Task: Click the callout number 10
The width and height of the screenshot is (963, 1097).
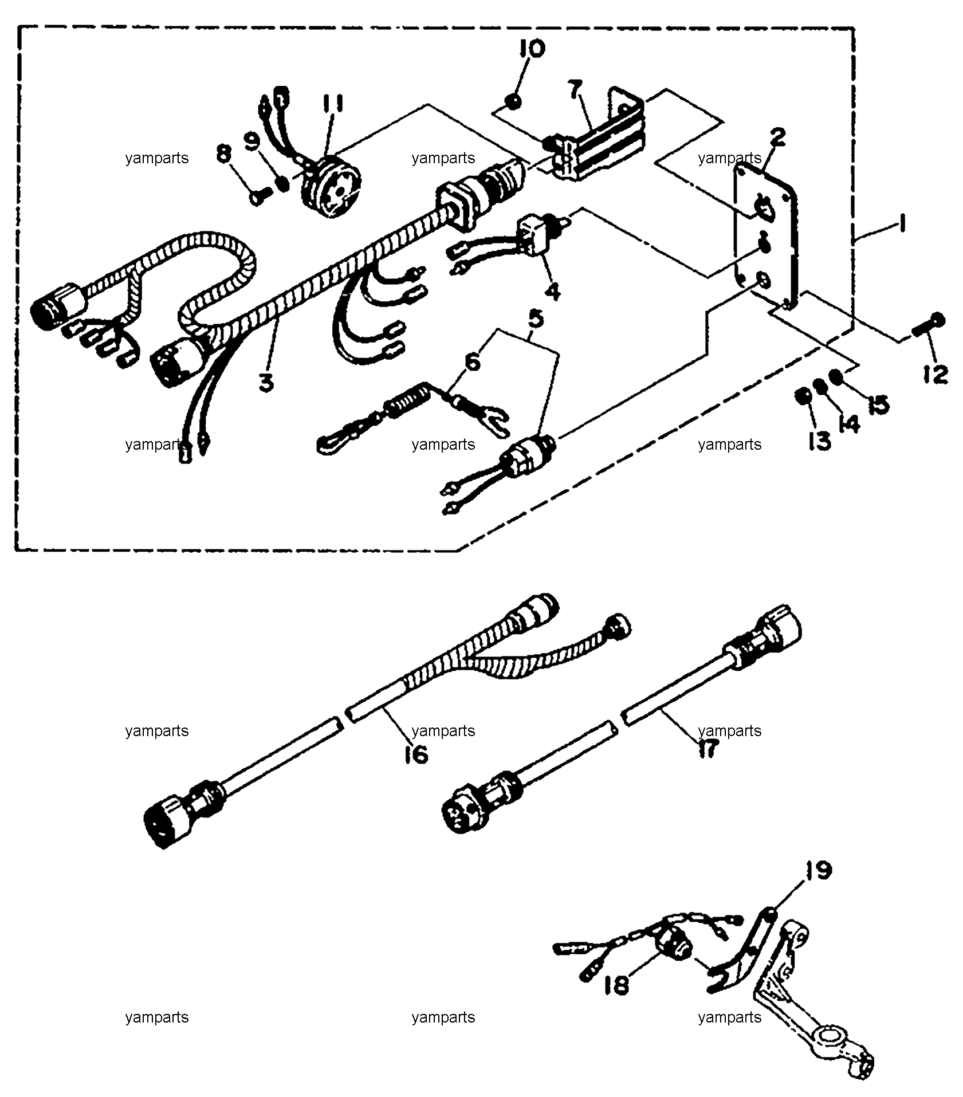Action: (532, 49)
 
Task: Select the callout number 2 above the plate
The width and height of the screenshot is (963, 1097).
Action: (778, 137)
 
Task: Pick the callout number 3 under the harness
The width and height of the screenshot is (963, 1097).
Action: (266, 382)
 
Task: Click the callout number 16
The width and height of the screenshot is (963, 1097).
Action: (416, 754)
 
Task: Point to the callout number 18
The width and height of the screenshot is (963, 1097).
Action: (616, 985)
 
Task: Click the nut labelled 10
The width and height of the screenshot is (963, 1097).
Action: (514, 102)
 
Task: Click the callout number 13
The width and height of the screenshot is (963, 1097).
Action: (819, 441)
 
